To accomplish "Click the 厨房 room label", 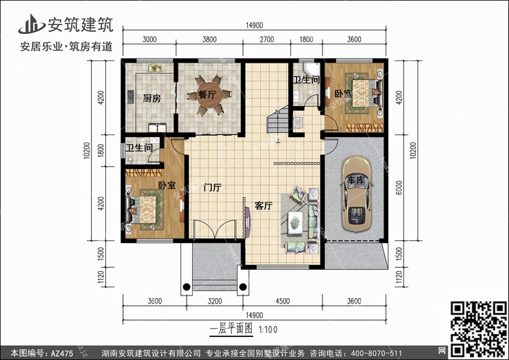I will [x=151, y=98].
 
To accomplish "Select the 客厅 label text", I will [x=263, y=206].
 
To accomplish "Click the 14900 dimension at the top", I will [x=254, y=25].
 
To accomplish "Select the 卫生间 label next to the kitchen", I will [x=138, y=148].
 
